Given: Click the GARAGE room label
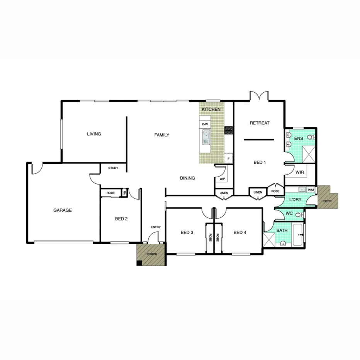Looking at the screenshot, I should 63,211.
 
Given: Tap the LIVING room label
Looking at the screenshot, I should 94,134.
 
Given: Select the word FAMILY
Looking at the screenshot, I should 162,135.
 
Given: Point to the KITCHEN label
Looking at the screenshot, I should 211,109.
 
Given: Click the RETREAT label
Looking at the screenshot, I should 260,123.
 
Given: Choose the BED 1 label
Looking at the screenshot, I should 260,162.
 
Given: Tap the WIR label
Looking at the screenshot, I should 300,172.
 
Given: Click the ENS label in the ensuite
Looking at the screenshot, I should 299,138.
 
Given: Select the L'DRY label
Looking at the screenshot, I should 295,200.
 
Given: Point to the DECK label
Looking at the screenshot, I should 328,201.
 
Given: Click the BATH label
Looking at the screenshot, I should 282,231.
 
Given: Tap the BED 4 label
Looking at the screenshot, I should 240,232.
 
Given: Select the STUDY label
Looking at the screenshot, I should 113,168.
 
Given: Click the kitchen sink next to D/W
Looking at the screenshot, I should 206,138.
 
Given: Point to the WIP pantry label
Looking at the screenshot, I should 222,179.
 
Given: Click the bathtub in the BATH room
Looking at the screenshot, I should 298,234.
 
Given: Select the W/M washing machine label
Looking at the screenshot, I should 311,190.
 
